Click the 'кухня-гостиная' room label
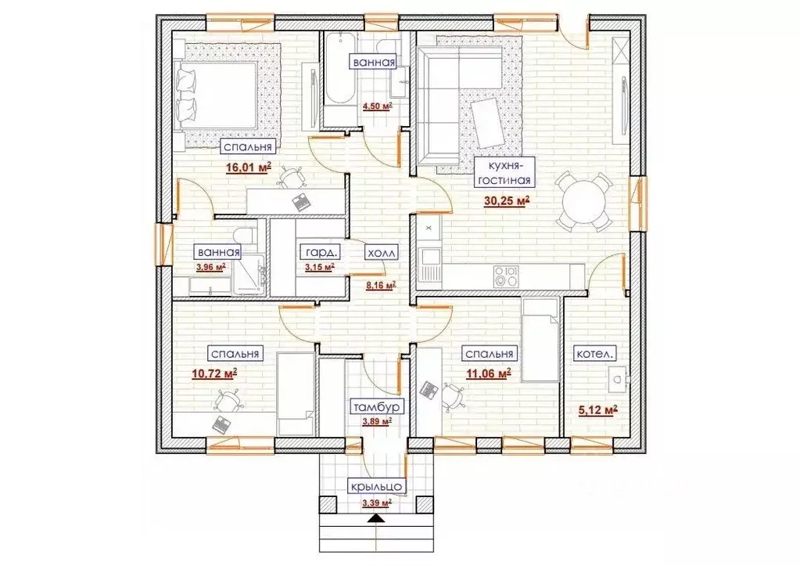[504, 173]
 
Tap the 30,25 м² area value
[508, 201]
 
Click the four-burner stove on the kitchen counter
[506, 276]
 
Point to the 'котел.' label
[595, 354]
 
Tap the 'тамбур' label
[378, 407]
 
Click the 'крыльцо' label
[377, 487]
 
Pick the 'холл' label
[381, 252]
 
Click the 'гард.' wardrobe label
[319, 252]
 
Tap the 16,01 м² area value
[249, 167]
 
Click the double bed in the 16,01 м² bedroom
[216, 96]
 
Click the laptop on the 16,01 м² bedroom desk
[300, 200]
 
